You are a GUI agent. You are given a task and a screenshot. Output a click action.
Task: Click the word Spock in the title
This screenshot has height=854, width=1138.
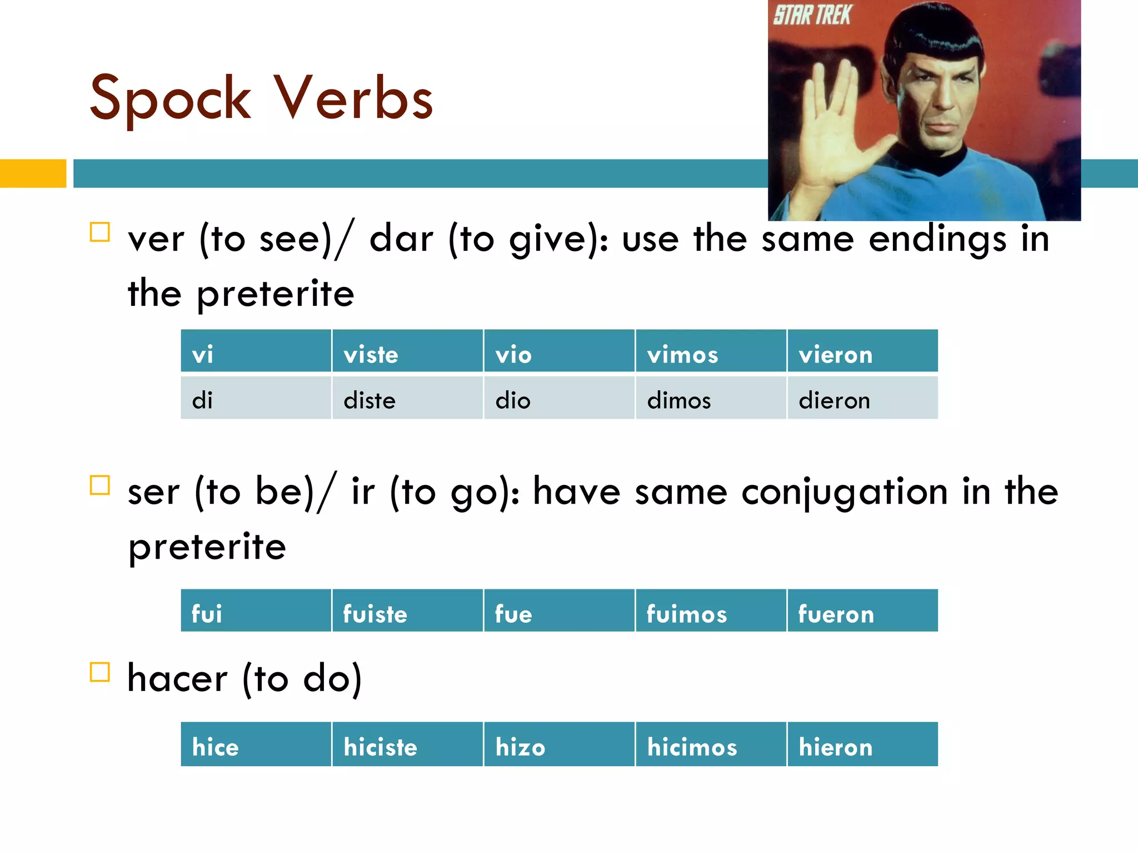click(170, 99)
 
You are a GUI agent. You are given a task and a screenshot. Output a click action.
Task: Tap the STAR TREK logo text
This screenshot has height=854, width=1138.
click(812, 16)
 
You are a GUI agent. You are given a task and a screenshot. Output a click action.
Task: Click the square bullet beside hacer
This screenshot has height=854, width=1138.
click(100, 672)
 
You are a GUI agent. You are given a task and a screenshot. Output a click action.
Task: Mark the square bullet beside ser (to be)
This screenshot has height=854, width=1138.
click(100, 485)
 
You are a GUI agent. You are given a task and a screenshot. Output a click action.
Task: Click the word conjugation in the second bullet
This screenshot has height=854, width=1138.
click(844, 493)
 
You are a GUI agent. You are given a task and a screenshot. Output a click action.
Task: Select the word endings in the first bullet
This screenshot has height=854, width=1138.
click(937, 240)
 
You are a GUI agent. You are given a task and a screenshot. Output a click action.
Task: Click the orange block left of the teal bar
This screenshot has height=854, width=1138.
click(33, 173)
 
